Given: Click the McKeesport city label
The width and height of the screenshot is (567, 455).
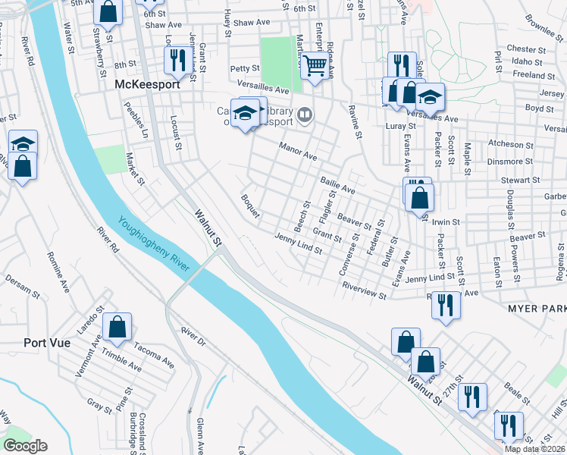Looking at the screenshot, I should pyautogui.click(x=147, y=85).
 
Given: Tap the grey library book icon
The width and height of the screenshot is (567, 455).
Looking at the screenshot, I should pyautogui.click(x=304, y=115).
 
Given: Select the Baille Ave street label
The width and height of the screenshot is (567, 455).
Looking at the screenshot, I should pyautogui.click(x=337, y=184).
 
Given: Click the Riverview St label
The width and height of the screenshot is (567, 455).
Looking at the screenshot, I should pyautogui.click(x=365, y=290).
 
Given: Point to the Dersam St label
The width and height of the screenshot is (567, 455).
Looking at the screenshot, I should pyautogui.click(x=21, y=287).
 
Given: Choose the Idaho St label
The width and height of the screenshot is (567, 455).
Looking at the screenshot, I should pyautogui.click(x=528, y=61).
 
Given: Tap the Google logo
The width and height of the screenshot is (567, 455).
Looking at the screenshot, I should pyautogui.click(x=25, y=446).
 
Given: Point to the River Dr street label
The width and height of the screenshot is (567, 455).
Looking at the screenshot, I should pyautogui.click(x=193, y=337).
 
